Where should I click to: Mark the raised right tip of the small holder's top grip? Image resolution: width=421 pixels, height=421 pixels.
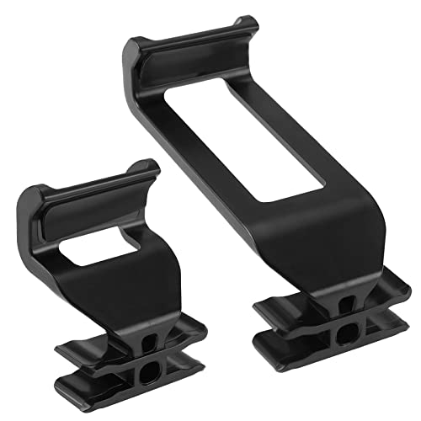point(152,167)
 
